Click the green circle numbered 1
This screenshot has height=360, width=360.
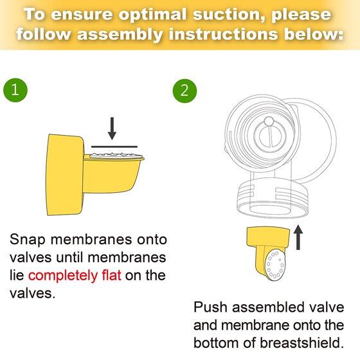pos(15,90)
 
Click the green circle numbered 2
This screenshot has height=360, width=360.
pos(185,91)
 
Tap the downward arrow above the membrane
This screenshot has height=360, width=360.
pos(112,129)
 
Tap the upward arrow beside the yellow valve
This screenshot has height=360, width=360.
pos(298,237)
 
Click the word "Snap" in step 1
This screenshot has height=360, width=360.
pos(27,240)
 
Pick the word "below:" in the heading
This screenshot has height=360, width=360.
pos(314,33)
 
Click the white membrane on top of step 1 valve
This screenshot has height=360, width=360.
pos(114,155)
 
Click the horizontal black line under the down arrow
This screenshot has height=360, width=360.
pos(114,147)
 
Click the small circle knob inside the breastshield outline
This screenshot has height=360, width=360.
pos(269,122)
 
